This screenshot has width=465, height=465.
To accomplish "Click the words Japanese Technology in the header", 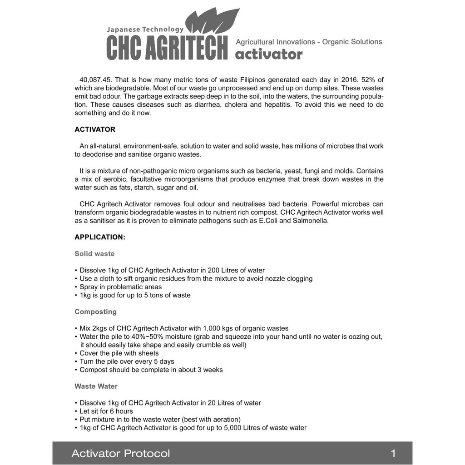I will point(145,30).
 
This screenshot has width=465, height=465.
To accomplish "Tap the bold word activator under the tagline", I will point(269,54).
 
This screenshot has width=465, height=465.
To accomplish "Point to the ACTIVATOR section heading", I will point(95,129).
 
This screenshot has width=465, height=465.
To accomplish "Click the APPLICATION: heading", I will point(100,237).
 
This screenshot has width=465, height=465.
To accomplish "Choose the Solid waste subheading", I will point(94,254).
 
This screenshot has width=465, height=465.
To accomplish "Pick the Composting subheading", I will point(95,312).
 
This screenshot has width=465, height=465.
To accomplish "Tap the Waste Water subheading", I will point(96,386).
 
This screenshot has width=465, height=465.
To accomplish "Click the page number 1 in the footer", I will point(393,453).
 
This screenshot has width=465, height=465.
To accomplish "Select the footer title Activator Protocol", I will point(121,453).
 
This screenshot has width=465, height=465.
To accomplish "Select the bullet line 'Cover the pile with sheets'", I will point(119,353).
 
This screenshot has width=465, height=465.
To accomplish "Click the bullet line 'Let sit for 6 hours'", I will point(106,411).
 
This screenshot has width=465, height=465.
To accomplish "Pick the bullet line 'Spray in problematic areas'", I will point(121,287).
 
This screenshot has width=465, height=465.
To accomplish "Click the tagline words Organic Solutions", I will point(352,42).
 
